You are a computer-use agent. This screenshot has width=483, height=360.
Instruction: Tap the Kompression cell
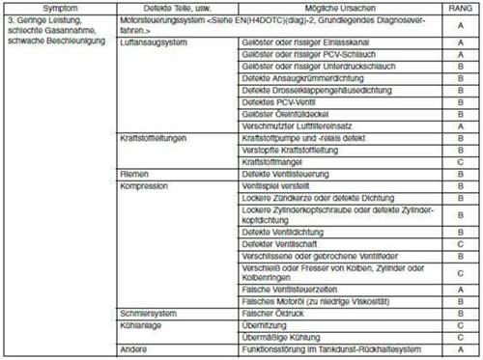(145, 184)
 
